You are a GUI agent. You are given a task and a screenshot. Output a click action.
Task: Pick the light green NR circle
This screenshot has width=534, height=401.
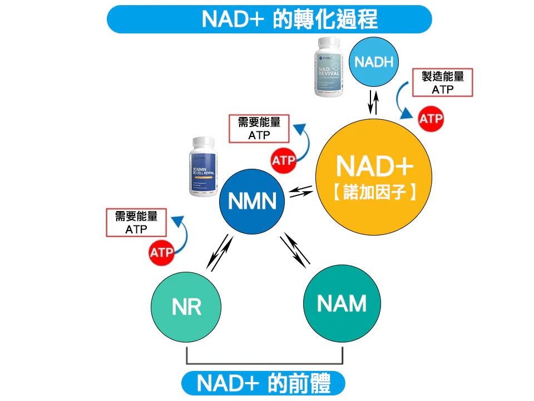186,306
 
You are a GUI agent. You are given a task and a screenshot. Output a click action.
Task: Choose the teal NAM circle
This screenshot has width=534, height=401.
342,304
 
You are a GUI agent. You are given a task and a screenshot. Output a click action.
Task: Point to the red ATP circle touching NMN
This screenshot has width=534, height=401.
284,162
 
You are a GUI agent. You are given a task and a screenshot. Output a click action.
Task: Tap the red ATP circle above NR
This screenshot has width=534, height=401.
161,253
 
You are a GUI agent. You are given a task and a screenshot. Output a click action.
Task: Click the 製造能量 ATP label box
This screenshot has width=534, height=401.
442,82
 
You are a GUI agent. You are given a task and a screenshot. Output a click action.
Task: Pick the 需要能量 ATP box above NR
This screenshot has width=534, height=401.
136,222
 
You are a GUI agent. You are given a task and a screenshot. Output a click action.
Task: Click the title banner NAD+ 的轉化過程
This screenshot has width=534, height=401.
269,19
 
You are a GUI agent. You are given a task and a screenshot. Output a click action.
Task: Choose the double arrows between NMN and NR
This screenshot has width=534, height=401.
219,252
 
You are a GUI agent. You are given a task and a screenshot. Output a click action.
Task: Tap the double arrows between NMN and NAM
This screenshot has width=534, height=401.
295,249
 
